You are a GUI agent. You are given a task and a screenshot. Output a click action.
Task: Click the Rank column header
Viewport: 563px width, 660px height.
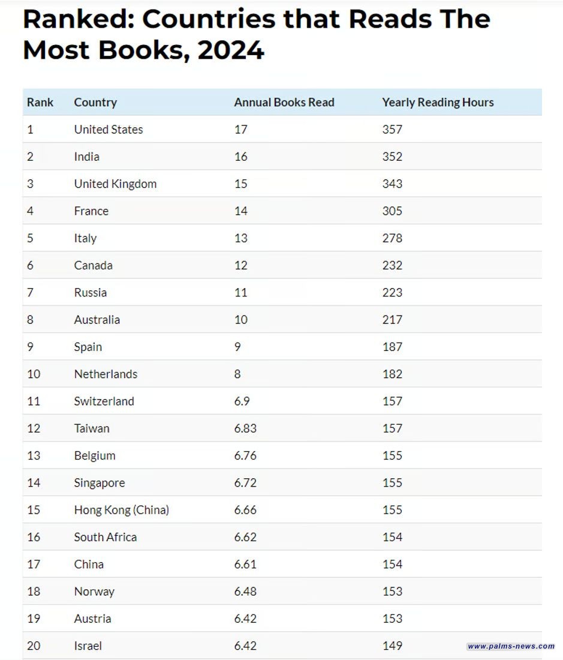pyautogui.click(x=40, y=103)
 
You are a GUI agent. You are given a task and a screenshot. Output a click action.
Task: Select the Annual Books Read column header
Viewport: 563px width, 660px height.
pyautogui.click(x=284, y=103)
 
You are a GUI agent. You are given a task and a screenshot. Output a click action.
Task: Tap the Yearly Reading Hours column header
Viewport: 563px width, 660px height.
pyautogui.click(x=438, y=103)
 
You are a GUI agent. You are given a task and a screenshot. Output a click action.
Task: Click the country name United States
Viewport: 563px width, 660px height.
pyautogui.click(x=109, y=130)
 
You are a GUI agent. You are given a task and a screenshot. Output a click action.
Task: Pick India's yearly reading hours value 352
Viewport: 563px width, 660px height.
pyautogui.click(x=392, y=157)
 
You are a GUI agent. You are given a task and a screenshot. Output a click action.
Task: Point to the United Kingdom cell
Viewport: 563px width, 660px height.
pyautogui.click(x=115, y=184)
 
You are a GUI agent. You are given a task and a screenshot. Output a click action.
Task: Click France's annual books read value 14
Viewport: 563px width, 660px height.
pyautogui.click(x=240, y=211)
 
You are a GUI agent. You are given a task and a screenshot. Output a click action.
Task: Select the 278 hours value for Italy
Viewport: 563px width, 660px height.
pyautogui.click(x=392, y=238)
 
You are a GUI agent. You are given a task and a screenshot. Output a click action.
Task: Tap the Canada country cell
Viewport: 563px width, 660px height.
pyautogui.click(x=93, y=265)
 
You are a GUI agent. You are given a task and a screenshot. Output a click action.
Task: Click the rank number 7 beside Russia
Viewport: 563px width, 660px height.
pyautogui.click(x=30, y=293)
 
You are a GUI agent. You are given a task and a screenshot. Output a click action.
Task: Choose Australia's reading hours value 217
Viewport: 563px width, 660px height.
pyautogui.click(x=392, y=320)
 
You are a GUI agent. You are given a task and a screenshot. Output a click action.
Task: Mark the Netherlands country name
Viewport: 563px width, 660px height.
pyautogui.click(x=106, y=374)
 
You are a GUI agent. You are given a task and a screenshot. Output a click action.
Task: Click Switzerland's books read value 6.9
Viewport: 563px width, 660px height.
pyautogui.click(x=242, y=401)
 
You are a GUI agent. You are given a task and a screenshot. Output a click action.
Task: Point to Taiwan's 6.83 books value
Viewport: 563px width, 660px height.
pyautogui.click(x=245, y=428)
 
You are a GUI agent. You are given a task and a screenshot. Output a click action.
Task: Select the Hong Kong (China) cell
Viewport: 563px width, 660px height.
pyautogui.click(x=121, y=510)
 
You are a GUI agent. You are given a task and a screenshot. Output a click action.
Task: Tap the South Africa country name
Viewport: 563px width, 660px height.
pyautogui.click(x=105, y=537)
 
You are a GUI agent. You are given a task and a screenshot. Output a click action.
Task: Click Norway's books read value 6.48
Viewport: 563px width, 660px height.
pyautogui.click(x=245, y=592)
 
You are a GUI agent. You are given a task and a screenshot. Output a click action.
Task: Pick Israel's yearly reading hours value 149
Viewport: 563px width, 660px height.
pyautogui.click(x=392, y=646)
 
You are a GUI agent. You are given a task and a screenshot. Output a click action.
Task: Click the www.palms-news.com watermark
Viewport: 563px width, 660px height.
pyautogui.click(x=511, y=646)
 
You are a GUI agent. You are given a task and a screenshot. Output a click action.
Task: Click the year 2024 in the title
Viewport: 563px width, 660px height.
pyautogui.click(x=231, y=50)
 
